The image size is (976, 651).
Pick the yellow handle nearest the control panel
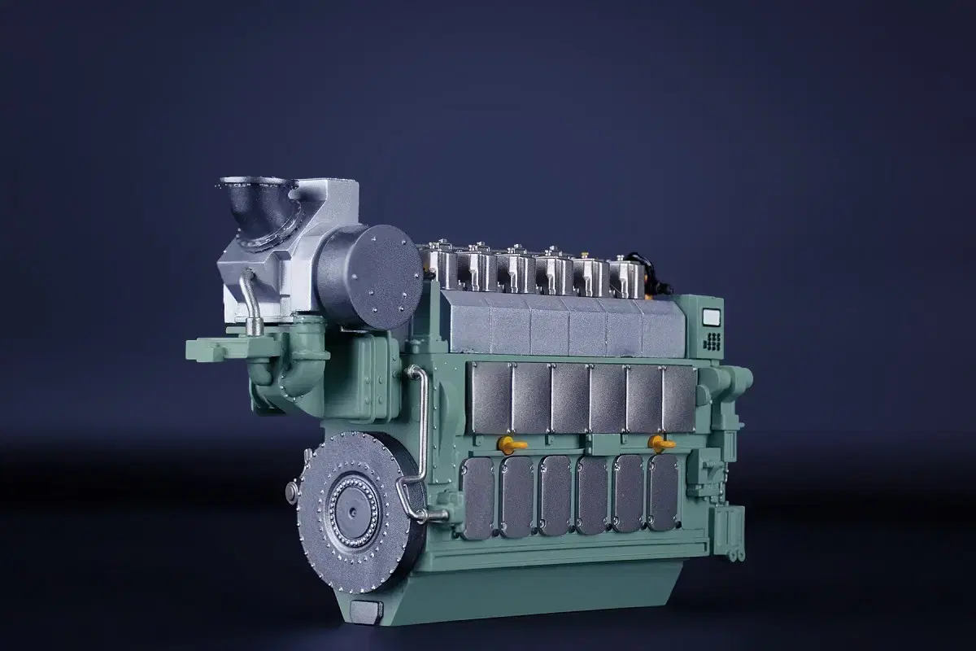tap(658, 443)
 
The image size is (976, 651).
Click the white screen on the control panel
tap(712, 318)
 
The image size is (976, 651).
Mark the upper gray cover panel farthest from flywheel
tap(678, 399)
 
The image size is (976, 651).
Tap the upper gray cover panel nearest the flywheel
tap(491, 398)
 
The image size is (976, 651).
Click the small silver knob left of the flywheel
tap(291, 490)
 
